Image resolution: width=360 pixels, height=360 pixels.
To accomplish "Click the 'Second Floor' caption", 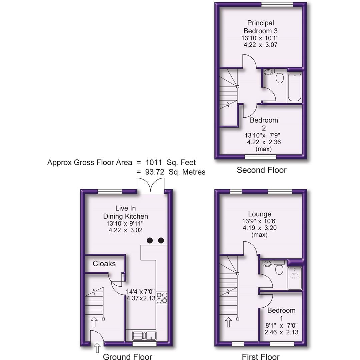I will tap(261, 170).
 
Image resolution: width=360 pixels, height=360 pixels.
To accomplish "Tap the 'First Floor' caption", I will tap(261, 357).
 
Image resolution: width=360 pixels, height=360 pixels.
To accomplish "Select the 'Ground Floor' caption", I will tap(127, 357).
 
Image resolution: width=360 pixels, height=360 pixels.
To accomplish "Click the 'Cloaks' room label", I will tap(104, 264).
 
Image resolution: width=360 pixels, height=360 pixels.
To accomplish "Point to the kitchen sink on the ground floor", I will tap(144, 335).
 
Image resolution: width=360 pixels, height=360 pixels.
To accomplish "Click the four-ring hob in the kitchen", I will tap(162, 297).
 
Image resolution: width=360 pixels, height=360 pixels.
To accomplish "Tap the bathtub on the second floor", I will tap(294, 87).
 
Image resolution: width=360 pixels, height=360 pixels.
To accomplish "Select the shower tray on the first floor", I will tap(294, 278).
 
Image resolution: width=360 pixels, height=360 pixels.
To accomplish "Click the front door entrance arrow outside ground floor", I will tap(97, 348).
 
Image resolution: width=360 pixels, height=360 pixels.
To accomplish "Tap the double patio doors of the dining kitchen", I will tap(150, 186).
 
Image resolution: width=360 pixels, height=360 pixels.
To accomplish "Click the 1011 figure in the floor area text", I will tap(153, 163).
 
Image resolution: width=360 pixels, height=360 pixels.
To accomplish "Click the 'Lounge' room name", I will tap(260, 214).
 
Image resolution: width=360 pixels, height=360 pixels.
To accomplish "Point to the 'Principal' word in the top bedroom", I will tap(261, 23).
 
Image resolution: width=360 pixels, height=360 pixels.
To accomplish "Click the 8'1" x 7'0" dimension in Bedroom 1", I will tap(281, 325).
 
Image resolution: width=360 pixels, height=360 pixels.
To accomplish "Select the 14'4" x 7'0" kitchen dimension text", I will tap(141, 291).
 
